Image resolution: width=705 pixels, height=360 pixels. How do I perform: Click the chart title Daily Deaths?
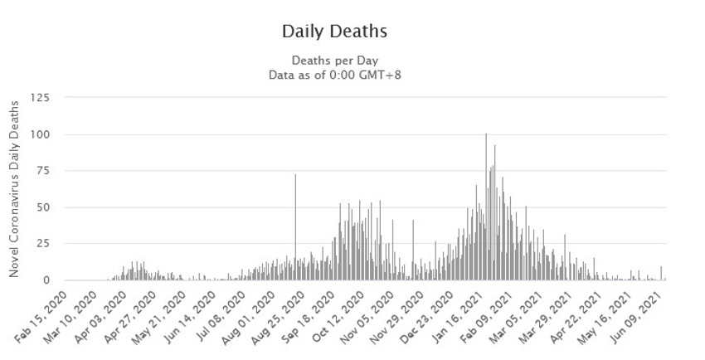click(x=334, y=32)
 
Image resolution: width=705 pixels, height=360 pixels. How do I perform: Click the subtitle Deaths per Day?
click(x=334, y=61)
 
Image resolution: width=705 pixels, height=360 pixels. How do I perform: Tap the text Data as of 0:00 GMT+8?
click(x=334, y=75)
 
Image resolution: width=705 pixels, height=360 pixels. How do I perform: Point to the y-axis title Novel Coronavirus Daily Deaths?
click(x=14, y=188)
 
